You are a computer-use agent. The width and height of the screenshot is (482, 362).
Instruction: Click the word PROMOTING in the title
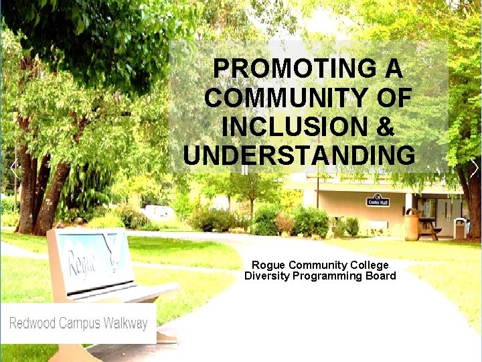point(301,68)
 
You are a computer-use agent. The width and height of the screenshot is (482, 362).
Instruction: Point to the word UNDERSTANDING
point(299,155)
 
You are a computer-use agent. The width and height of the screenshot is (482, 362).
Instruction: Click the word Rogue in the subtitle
point(266,265)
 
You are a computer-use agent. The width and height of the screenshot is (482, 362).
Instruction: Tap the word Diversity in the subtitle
point(266,276)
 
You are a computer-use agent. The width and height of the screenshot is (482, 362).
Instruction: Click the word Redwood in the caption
point(32,323)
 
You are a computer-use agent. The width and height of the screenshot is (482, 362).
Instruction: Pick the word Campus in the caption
point(81,323)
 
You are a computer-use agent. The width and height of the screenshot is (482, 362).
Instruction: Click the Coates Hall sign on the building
point(378,200)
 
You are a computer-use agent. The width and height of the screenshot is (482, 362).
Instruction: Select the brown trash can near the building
point(411,225)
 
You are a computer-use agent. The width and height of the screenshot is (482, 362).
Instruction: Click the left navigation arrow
point(13,168)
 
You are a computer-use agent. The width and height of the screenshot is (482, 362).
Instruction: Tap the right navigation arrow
point(474,168)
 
